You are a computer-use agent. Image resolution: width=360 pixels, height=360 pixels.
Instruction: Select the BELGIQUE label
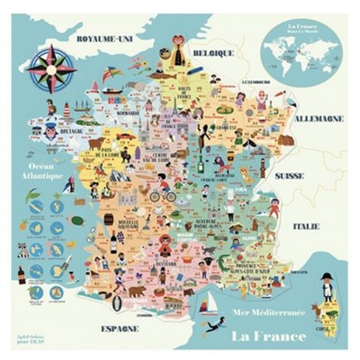pyautogui.click(x=215, y=53)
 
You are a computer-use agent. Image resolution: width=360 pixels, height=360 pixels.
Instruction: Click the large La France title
pyautogui.click(x=268, y=335)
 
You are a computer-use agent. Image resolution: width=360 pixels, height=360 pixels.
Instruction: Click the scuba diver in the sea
pyautogui.click(x=212, y=326)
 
